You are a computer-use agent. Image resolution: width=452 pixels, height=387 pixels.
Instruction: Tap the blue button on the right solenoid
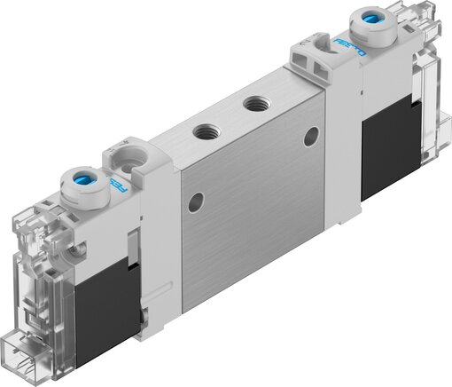(363, 18)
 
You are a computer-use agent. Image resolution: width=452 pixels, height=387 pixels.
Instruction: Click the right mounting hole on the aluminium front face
(310, 137)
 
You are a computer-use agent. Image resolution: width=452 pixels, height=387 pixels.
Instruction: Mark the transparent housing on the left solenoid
(44, 266)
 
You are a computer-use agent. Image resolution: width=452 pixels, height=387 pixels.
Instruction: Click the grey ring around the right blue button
(353, 22)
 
